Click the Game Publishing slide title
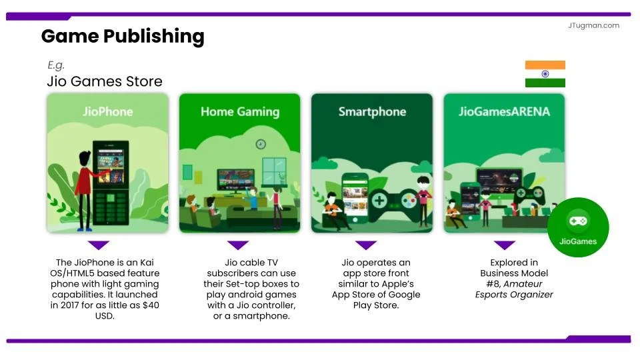click(x=123, y=36)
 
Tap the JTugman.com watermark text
click(x=594, y=25)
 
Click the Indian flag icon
click(x=545, y=74)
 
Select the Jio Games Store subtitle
click(x=105, y=81)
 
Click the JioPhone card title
click(x=107, y=111)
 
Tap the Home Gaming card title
click(x=240, y=111)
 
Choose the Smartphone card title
click(x=371, y=111)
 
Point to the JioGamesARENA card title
click(x=504, y=111)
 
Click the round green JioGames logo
click(x=577, y=227)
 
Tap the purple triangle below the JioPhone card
click(x=99, y=245)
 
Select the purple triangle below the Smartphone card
click(x=366, y=245)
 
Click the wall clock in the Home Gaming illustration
click(x=261, y=144)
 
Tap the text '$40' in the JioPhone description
click(x=145, y=305)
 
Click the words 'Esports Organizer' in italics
click(x=513, y=295)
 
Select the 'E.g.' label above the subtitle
click(x=56, y=65)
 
